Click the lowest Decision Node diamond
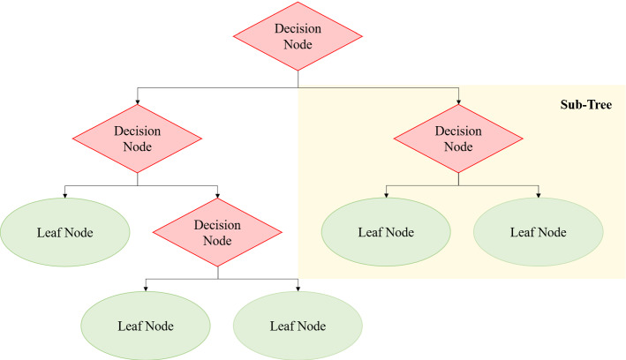tap(217, 233)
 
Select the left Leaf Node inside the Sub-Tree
tap(386, 233)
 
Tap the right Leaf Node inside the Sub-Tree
tap(539, 233)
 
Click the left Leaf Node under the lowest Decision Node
tap(146, 324)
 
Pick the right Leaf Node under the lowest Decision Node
tap(298, 324)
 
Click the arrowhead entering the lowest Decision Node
tap(217, 196)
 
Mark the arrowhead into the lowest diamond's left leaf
tap(146, 289)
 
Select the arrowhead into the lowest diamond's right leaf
tap(298, 289)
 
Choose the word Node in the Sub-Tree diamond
tap(458, 147)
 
